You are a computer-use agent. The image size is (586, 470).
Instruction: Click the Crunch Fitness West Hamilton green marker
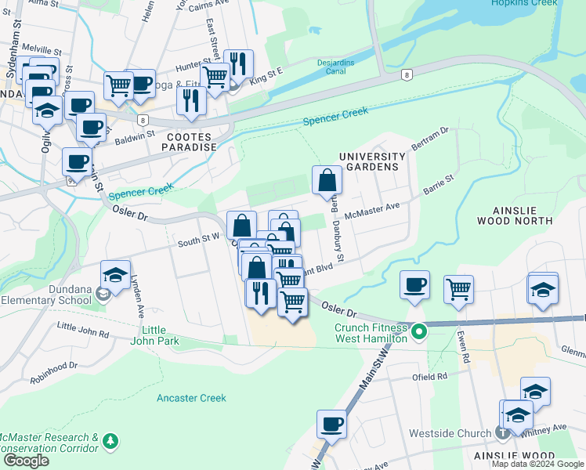point(418,332)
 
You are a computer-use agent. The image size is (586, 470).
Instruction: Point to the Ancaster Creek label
point(191,398)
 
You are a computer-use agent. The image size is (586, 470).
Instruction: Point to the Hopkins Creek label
point(524,3)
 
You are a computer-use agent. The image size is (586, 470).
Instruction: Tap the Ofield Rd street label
point(431,377)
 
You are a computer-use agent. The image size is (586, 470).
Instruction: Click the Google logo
point(26,461)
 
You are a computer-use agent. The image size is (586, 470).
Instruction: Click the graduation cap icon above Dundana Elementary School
point(115,275)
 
